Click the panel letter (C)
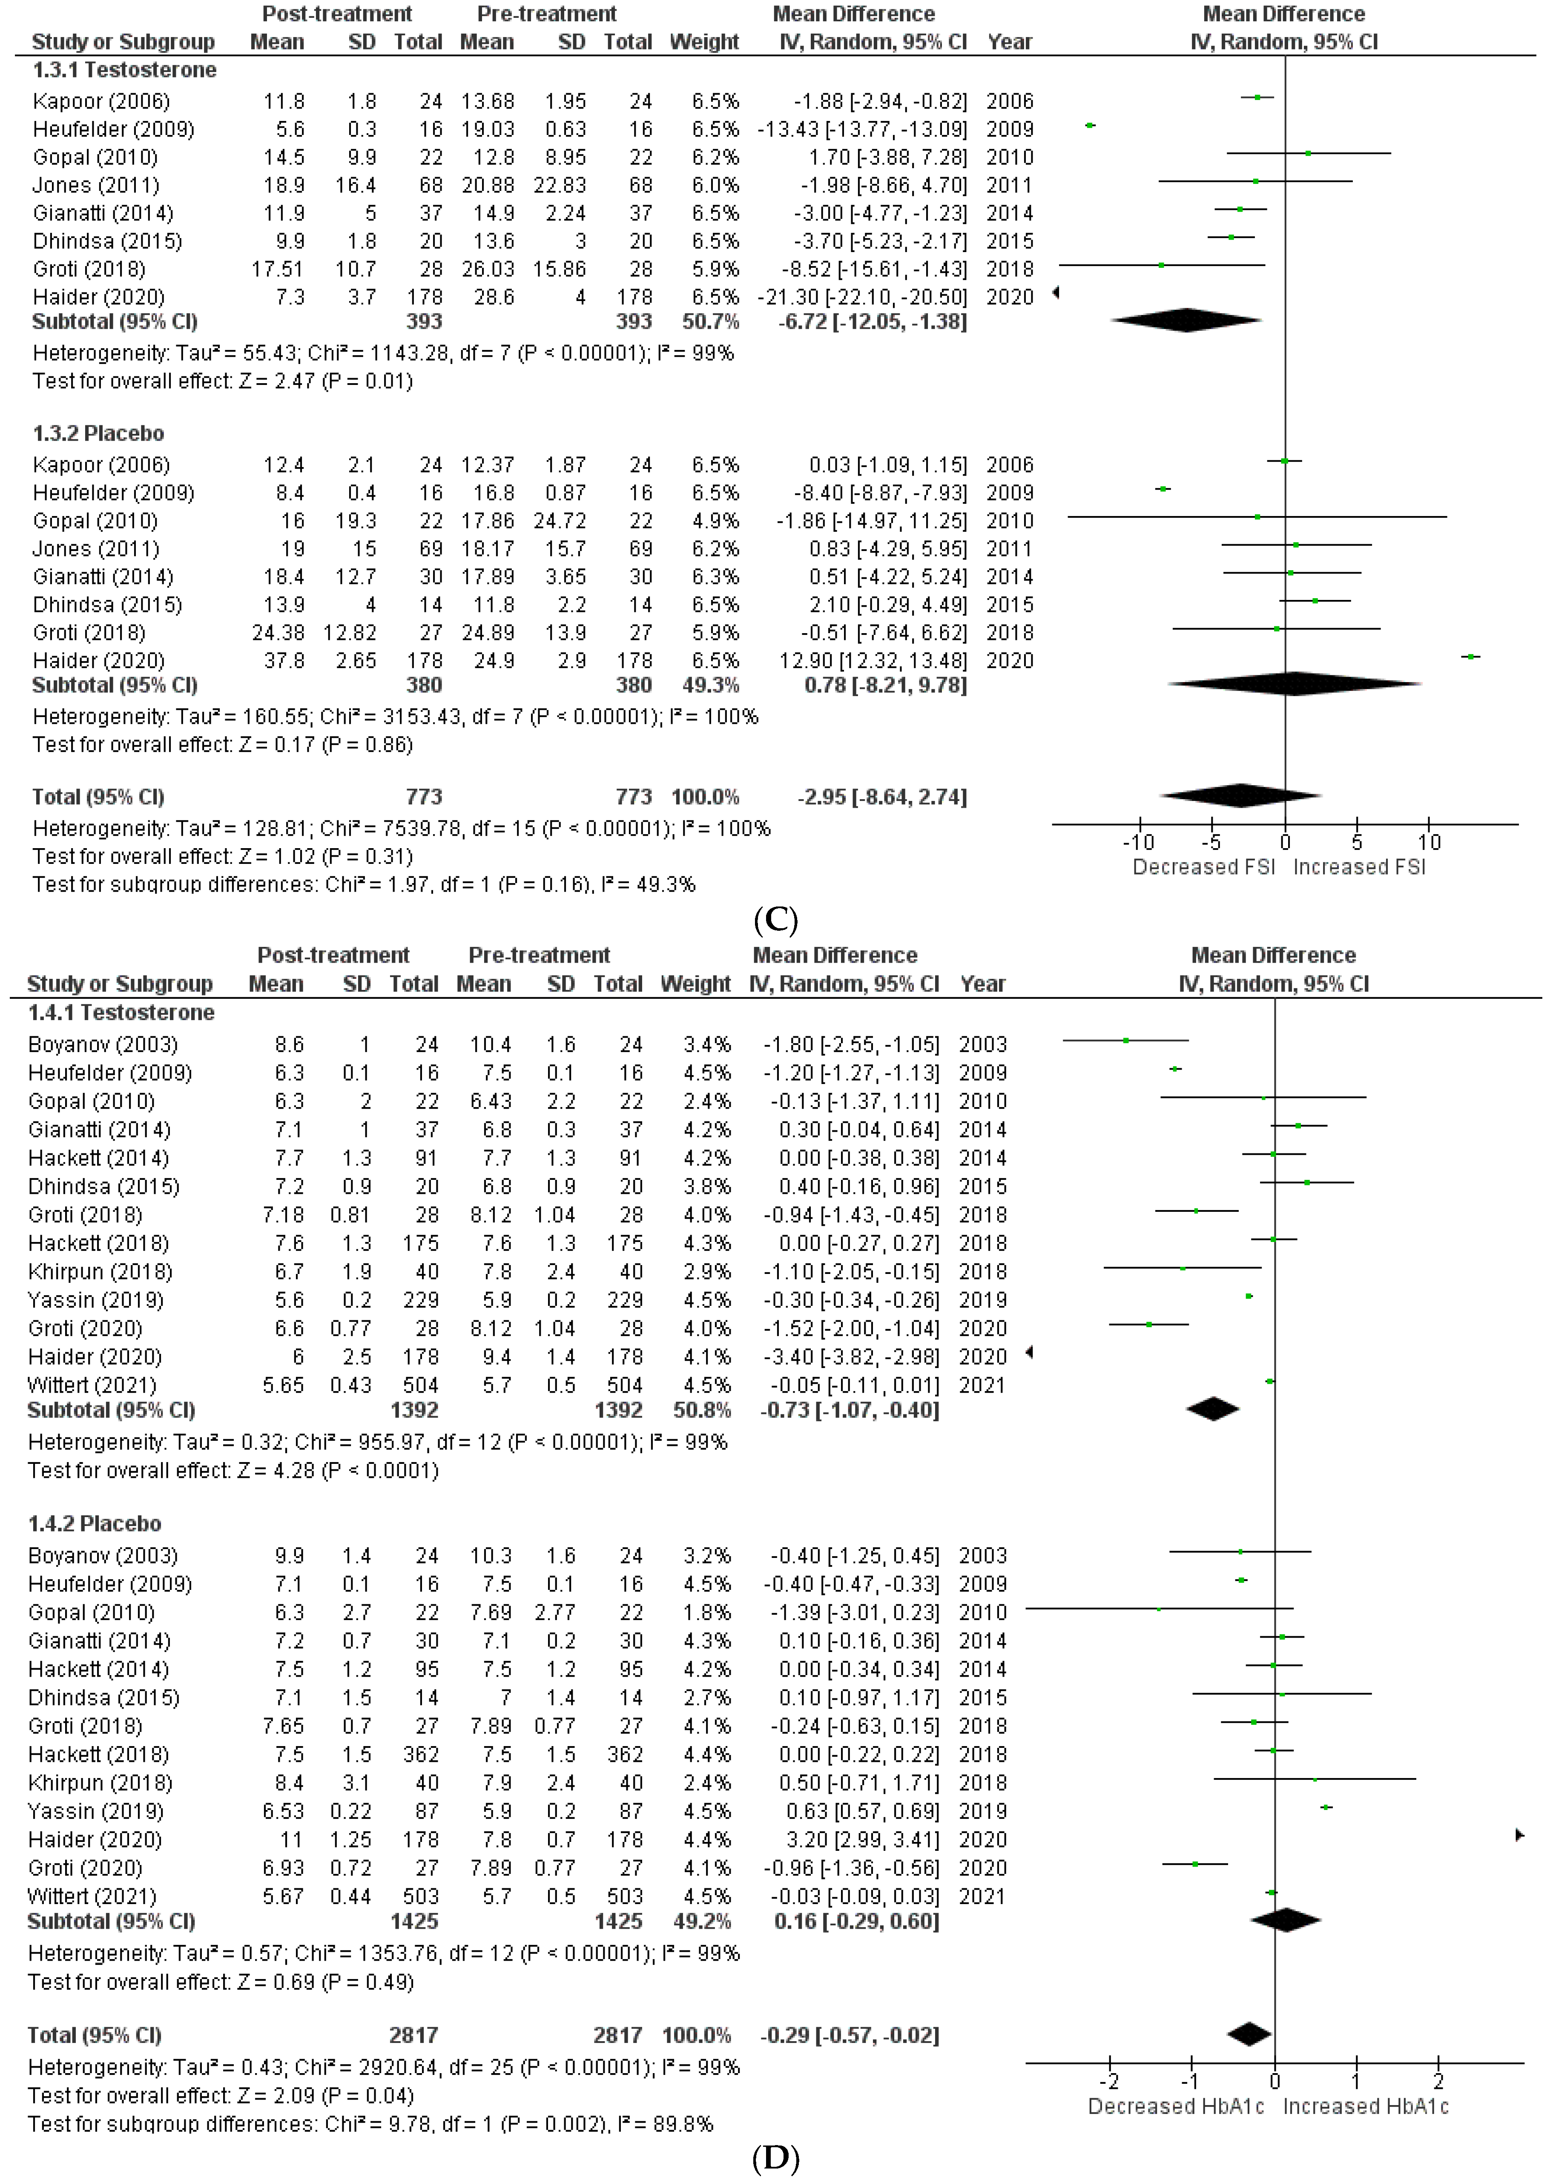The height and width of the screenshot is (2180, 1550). coord(775,920)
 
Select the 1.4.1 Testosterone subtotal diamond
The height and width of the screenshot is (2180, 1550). coord(1212,1409)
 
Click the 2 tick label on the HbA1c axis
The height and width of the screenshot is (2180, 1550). coord(1438,2081)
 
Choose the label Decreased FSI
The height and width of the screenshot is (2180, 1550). coord(1203,867)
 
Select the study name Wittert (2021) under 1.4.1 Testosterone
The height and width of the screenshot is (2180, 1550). coord(92,1385)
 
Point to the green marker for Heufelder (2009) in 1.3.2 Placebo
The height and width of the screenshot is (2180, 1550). coord(1162,489)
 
